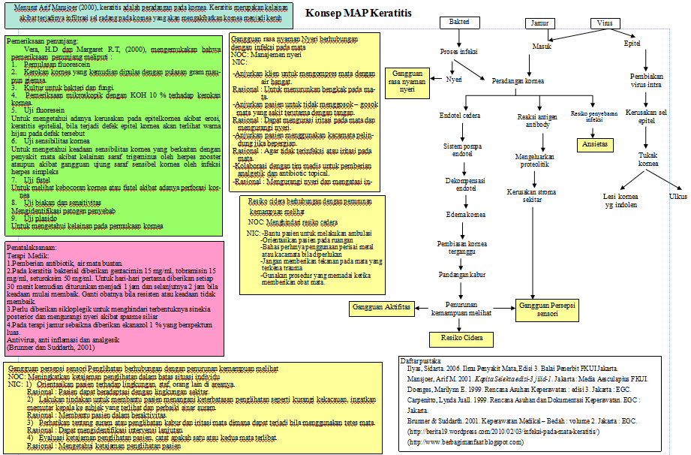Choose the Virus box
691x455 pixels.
[x=605, y=23]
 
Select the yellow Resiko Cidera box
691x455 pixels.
[x=462, y=338]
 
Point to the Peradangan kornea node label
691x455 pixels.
[x=518, y=80]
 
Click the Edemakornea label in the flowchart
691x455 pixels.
[x=461, y=214]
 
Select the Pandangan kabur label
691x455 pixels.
[x=461, y=275]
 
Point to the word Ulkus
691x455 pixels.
[x=677, y=197]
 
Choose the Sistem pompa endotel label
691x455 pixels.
[x=461, y=149]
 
